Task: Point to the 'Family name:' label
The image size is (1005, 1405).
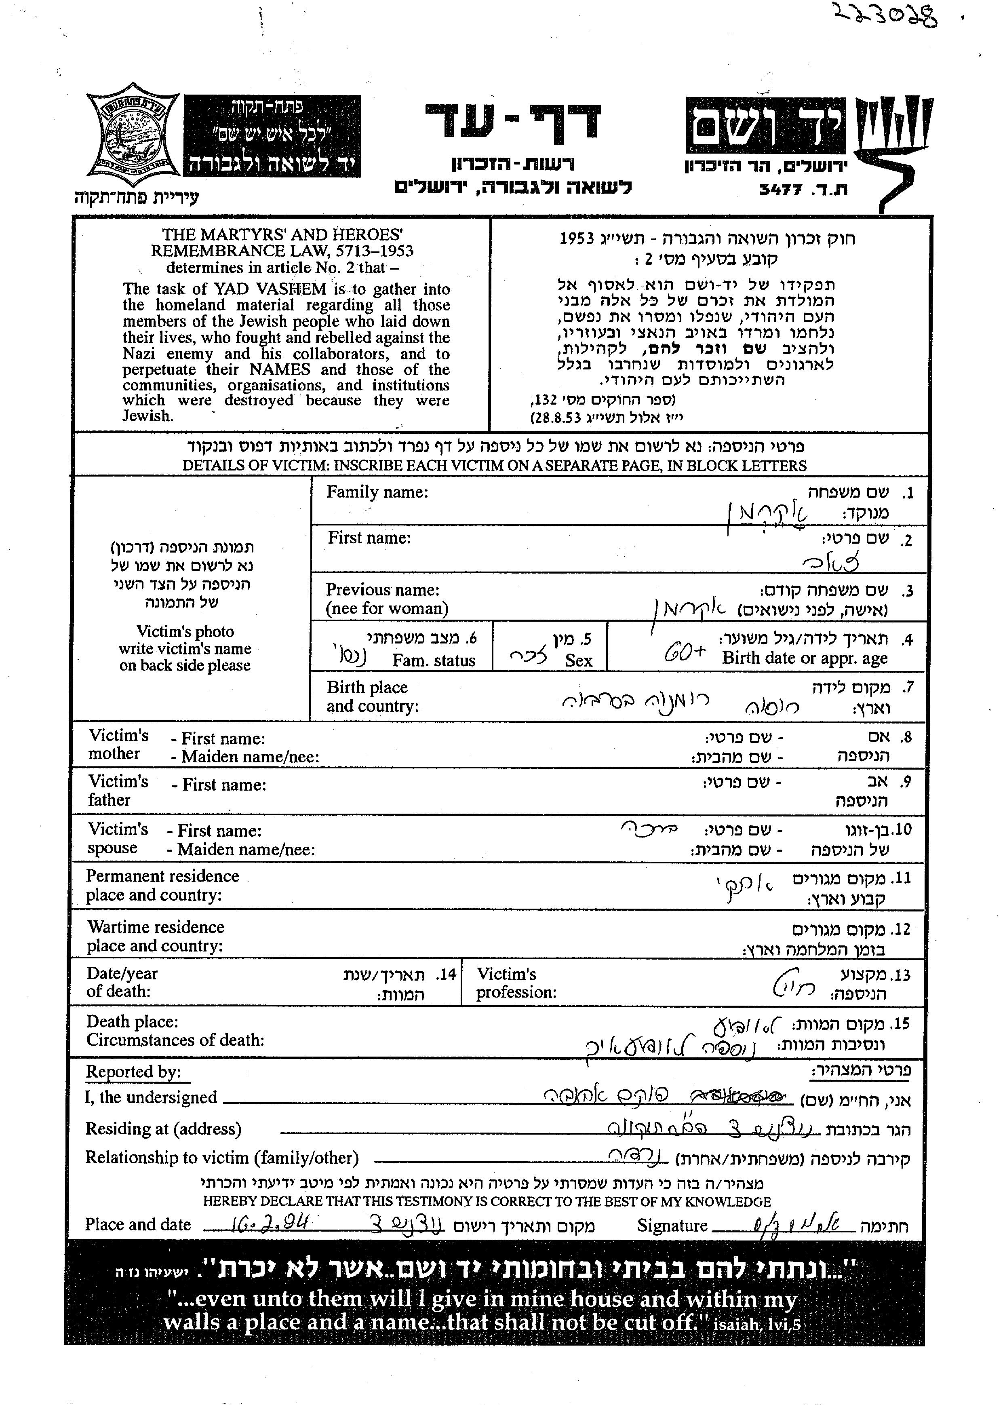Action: pyautogui.click(x=377, y=492)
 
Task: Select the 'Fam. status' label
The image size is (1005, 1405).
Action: pyautogui.click(x=433, y=660)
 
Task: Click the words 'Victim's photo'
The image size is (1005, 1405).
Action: pyautogui.click(x=185, y=631)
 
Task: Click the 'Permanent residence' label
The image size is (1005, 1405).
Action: pyautogui.click(x=162, y=876)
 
